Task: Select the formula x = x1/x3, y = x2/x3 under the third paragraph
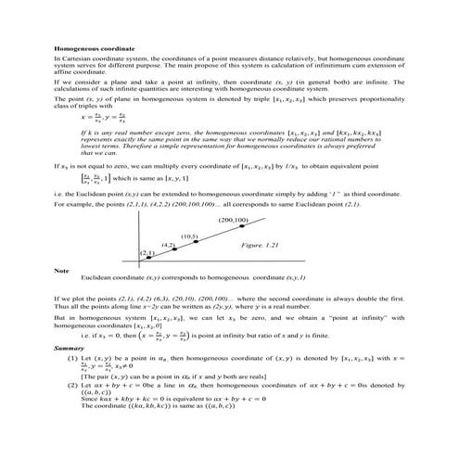(103, 117)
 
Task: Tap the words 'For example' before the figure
(72, 203)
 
